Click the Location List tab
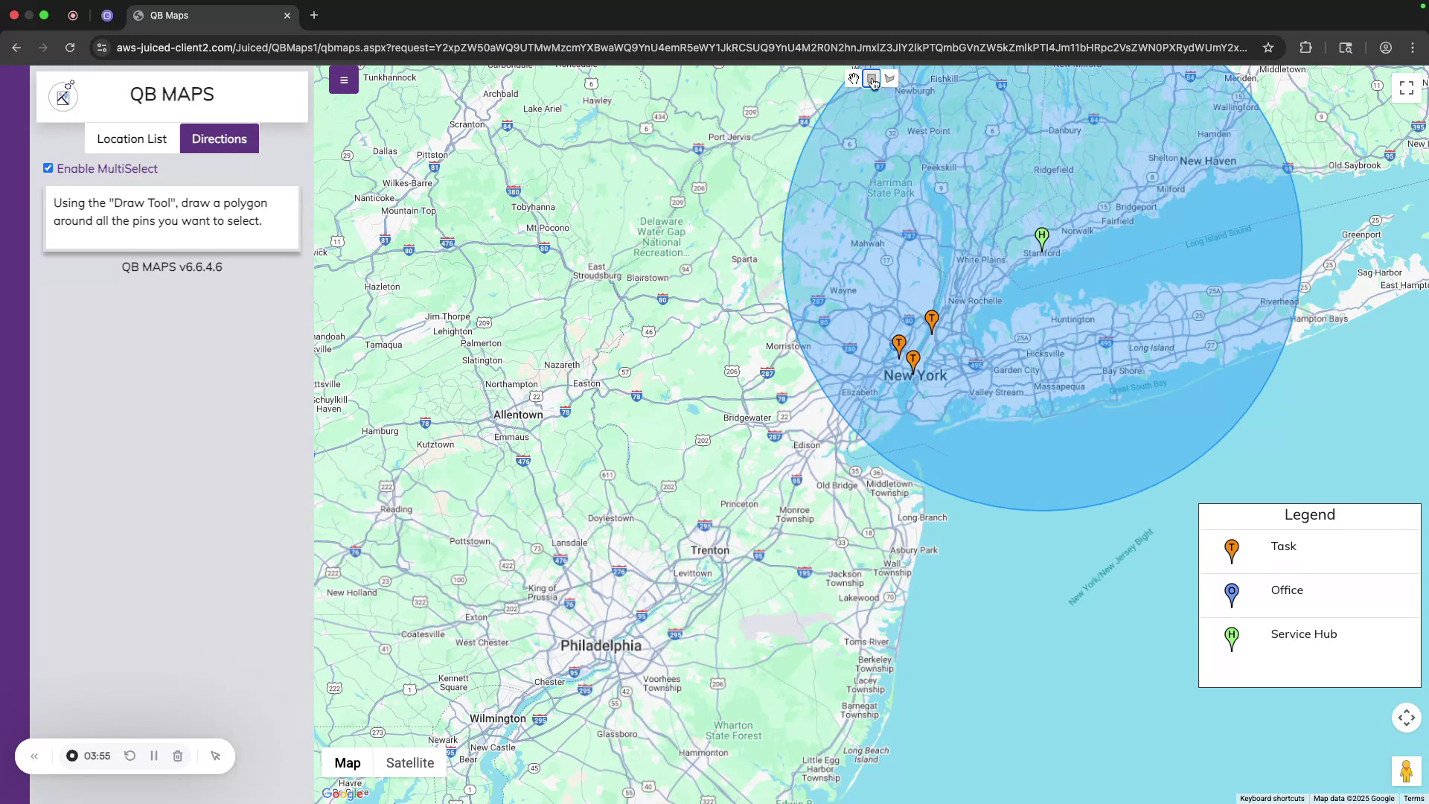(x=132, y=139)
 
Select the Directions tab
(x=219, y=139)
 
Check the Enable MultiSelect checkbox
(x=48, y=168)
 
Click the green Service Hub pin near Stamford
(x=1041, y=238)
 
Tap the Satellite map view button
(x=409, y=763)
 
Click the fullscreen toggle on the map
(x=1406, y=89)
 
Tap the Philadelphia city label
(x=601, y=645)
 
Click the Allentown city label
(x=518, y=415)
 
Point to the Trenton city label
(x=709, y=550)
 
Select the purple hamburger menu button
(x=344, y=80)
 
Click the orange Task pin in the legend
(x=1232, y=550)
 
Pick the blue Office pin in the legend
(x=1232, y=594)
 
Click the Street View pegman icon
(x=1405, y=771)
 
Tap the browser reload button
(x=70, y=48)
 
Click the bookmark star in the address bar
(x=1268, y=48)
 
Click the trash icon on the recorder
(x=178, y=756)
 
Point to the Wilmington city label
(x=497, y=718)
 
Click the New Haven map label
(x=1207, y=161)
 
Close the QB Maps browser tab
(x=287, y=16)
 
